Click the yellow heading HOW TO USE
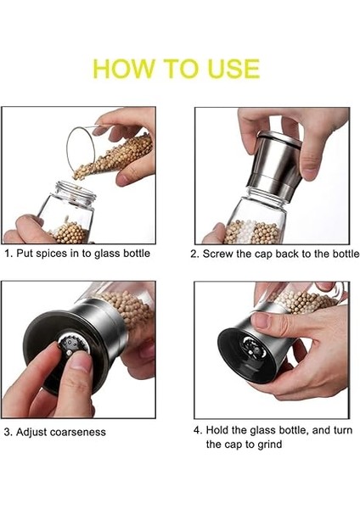pyautogui.click(x=176, y=68)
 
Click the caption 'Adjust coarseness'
pyautogui.click(x=55, y=432)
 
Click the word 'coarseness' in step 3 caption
pyautogui.click(x=77, y=432)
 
